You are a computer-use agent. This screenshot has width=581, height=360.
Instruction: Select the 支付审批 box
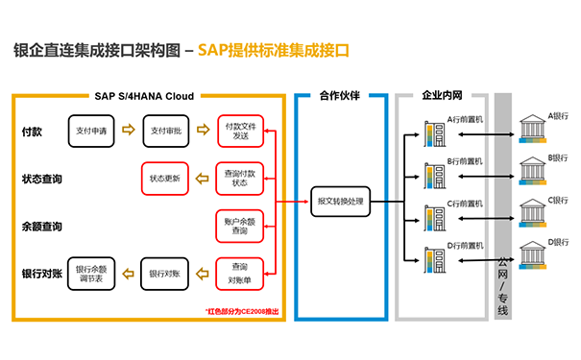point(165,131)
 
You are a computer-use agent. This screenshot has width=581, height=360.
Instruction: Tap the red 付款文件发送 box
point(239,131)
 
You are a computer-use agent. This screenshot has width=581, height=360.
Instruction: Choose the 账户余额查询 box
point(239,227)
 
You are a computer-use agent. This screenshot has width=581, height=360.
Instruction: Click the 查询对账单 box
point(239,273)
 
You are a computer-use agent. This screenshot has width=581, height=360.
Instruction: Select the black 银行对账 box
point(165,274)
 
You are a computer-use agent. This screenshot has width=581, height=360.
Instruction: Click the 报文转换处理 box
point(343,202)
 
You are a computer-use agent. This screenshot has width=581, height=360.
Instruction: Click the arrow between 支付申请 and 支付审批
point(129,131)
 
